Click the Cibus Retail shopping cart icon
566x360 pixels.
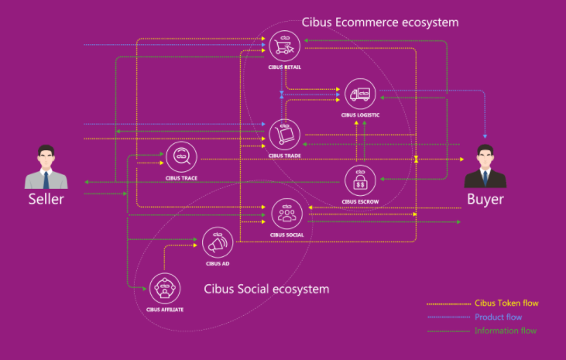[x=284, y=46]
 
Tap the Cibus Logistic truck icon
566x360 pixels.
[x=360, y=94]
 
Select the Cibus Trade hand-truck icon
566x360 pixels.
[x=284, y=135]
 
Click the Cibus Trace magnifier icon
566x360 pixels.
[x=181, y=157]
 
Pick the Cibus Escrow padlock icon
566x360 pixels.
[x=360, y=180]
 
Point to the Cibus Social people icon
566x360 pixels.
[x=287, y=214]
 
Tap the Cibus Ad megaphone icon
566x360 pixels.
[x=218, y=242]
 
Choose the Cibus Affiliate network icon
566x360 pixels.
[x=165, y=289]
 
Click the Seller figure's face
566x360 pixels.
[x=46, y=158]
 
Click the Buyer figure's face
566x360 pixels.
[x=485, y=158]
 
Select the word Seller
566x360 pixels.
[x=46, y=199]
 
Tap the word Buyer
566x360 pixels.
[x=485, y=199]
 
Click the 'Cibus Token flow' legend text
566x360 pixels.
[x=506, y=303]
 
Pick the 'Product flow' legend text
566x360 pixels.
[x=498, y=317]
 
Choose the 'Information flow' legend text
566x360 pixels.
[x=506, y=331]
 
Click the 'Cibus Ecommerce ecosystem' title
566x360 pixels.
[x=380, y=22]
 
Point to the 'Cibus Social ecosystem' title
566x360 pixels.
[x=266, y=289]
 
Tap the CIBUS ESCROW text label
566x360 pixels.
[x=360, y=202]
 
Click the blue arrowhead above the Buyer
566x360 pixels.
[x=485, y=136]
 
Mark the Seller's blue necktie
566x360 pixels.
[x=46, y=180]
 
